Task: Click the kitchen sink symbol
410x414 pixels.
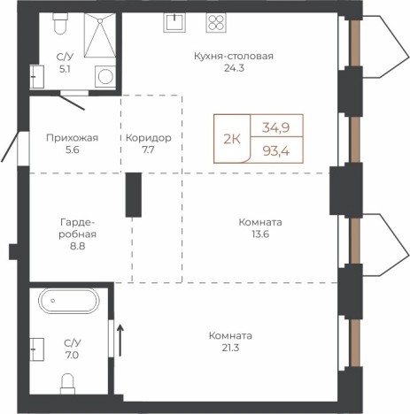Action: [x=174, y=22]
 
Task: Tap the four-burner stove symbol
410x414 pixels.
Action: [x=216, y=22]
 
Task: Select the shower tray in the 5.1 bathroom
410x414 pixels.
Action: [x=100, y=34]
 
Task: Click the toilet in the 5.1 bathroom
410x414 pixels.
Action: [x=60, y=23]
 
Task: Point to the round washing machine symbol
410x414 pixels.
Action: [x=105, y=76]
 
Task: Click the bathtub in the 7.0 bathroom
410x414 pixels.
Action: [x=69, y=301]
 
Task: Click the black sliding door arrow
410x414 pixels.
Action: [x=120, y=340]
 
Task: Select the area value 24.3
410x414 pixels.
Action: [x=235, y=68]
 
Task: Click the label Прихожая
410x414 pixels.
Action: [x=73, y=138]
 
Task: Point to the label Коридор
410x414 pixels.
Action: [x=149, y=138]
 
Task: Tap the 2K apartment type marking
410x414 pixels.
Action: [x=232, y=139]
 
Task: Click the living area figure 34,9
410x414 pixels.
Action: [x=276, y=127]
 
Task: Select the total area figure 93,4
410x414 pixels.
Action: [x=276, y=151]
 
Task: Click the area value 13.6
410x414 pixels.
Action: [x=260, y=234]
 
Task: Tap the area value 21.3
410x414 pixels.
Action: [x=230, y=348]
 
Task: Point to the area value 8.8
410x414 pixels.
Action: [x=78, y=246]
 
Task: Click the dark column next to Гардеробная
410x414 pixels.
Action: [x=134, y=195]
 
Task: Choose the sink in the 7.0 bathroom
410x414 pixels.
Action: [x=37, y=349]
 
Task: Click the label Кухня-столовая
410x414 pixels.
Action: [x=234, y=56]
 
